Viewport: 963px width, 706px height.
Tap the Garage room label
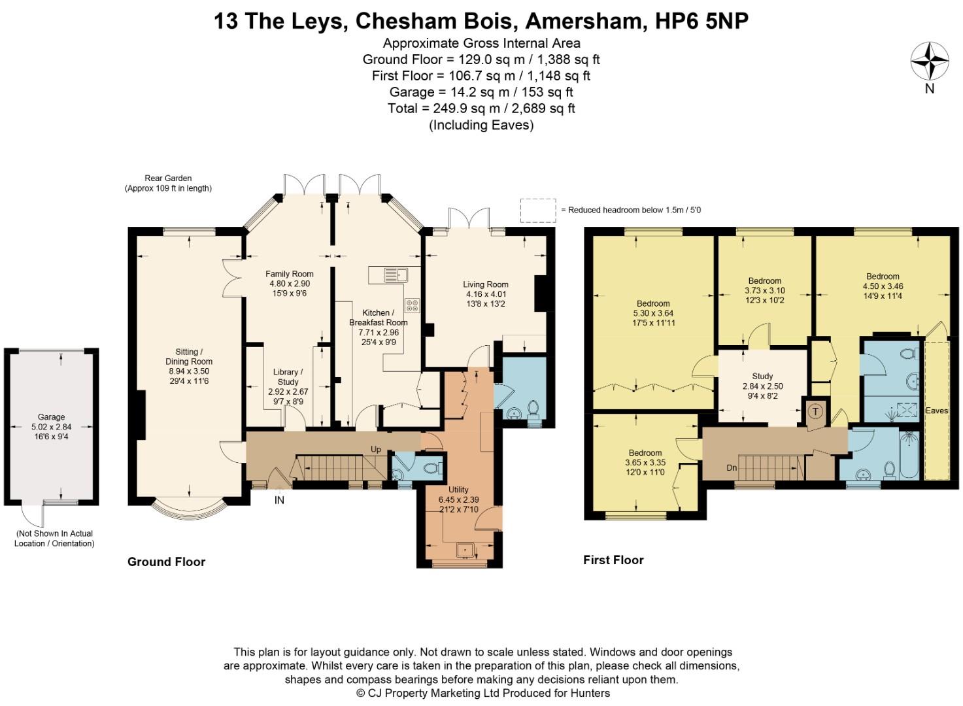[51, 417]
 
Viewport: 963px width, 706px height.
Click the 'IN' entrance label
[279, 501]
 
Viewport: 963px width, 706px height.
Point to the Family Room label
[289, 274]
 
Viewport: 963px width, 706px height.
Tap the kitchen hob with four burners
[412, 305]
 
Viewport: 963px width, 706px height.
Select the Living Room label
[485, 284]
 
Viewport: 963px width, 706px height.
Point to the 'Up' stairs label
[376, 450]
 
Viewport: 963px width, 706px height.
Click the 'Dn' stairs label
[732, 468]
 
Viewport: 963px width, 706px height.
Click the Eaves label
[937, 411]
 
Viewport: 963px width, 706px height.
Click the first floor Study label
[762, 376]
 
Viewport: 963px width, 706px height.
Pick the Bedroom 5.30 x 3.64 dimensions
[653, 313]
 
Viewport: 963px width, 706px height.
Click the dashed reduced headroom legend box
[538, 210]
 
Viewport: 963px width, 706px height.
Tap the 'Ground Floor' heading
[166, 562]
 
